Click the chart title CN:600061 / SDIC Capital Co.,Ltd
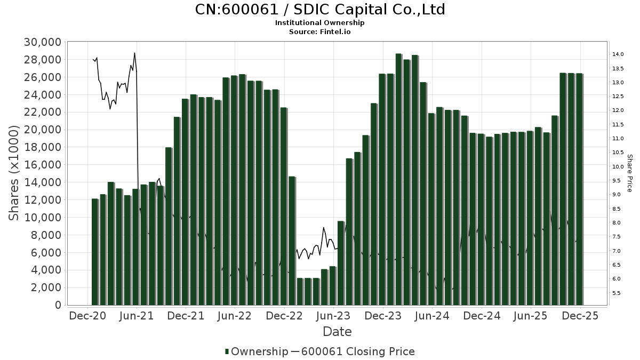click(319, 10)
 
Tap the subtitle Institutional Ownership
click(319, 23)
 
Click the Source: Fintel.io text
click(319, 32)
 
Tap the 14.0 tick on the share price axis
click(619, 54)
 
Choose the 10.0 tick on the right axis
click(619, 166)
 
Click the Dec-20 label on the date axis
click(88, 316)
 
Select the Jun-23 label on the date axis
click(334, 316)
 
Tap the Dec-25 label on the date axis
click(580, 316)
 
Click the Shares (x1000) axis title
click(14, 173)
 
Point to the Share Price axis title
click(630, 173)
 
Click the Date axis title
click(337, 332)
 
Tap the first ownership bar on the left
click(95, 252)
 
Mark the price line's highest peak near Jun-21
click(134, 53)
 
